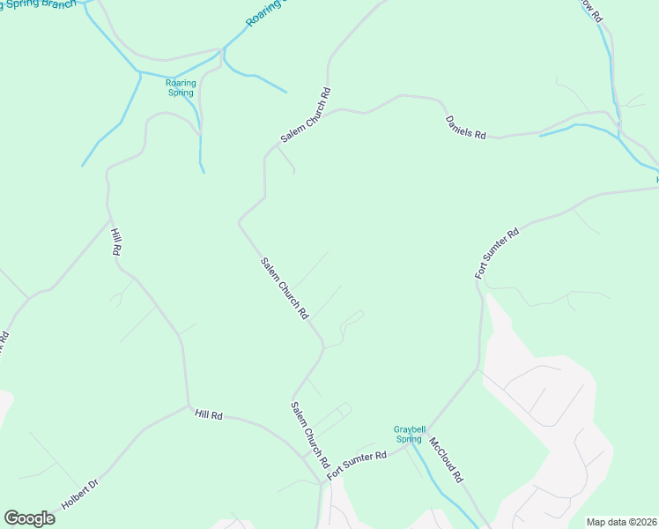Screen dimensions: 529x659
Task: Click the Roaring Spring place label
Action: (x=181, y=87)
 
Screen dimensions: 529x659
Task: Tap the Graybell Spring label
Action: (x=407, y=434)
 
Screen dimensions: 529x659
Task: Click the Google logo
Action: (x=29, y=518)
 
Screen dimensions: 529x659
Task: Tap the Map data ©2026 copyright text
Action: (x=621, y=522)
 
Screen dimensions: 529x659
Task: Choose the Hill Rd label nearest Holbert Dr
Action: (x=209, y=414)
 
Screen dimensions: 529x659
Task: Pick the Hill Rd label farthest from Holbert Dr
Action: (x=115, y=242)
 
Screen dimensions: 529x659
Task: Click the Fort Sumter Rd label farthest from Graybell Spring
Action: (x=498, y=253)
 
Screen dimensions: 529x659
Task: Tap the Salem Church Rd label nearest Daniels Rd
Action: (x=305, y=115)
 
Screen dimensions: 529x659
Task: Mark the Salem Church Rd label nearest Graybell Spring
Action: (x=309, y=435)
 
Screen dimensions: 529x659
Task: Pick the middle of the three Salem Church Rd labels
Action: (x=284, y=287)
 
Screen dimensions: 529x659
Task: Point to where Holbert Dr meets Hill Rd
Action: (x=189, y=407)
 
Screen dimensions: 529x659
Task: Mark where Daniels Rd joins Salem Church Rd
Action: (x=340, y=110)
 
